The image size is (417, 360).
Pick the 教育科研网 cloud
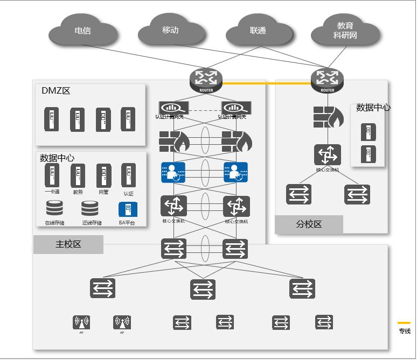pos(345,32)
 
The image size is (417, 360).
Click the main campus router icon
pos(206,80)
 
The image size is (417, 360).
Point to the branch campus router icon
pos(327,80)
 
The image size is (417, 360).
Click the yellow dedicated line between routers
pos(267,83)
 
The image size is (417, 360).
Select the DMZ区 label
pos(56,91)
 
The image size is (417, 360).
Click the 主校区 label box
pos(68,244)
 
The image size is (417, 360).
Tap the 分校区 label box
pos(309,224)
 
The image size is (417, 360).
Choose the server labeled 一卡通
pos(52,175)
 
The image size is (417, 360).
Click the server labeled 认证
pos(128,175)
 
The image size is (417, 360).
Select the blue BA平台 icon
pos(128,209)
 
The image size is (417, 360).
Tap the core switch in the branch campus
pos(328,155)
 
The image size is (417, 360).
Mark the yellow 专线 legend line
pos(404,323)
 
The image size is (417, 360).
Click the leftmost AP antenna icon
pos(81,322)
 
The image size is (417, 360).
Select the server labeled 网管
pos(103,175)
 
